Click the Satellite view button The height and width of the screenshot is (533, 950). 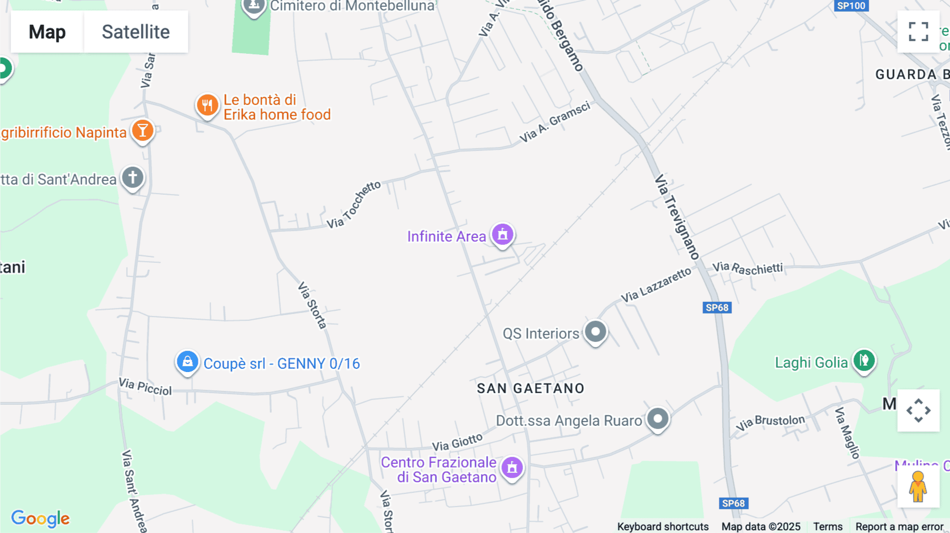pyautogui.click(x=136, y=32)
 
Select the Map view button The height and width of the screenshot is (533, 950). pyautogui.click(x=47, y=32)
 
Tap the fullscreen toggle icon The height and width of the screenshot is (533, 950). pyautogui.click(x=918, y=32)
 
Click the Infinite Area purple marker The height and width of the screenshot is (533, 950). pyautogui.click(x=502, y=234)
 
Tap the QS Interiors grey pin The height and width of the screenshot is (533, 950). pyautogui.click(x=595, y=332)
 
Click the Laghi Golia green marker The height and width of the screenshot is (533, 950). pyautogui.click(x=864, y=361)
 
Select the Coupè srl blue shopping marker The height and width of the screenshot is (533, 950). pyautogui.click(x=187, y=362)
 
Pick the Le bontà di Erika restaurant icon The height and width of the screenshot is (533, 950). pyautogui.click(x=207, y=105)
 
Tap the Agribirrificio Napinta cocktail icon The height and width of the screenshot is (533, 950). pyautogui.click(x=142, y=130)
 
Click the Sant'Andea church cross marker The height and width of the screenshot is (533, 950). pyautogui.click(x=132, y=177)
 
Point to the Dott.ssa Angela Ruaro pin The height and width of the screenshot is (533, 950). pyautogui.click(x=658, y=419)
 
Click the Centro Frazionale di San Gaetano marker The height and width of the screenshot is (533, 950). pyautogui.click(x=512, y=468)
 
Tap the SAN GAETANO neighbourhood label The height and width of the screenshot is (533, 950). pyautogui.click(x=530, y=388)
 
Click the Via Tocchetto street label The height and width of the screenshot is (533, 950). pyautogui.click(x=354, y=205)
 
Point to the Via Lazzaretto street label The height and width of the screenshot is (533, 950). pyautogui.click(x=655, y=285)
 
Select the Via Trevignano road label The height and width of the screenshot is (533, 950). pyautogui.click(x=677, y=217)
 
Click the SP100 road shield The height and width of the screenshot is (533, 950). pyautogui.click(x=851, y=6)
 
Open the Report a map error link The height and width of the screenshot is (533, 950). pyautogui.click(x=899, y=527)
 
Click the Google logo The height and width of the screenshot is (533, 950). pyautogui.click(x=41, y=518)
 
